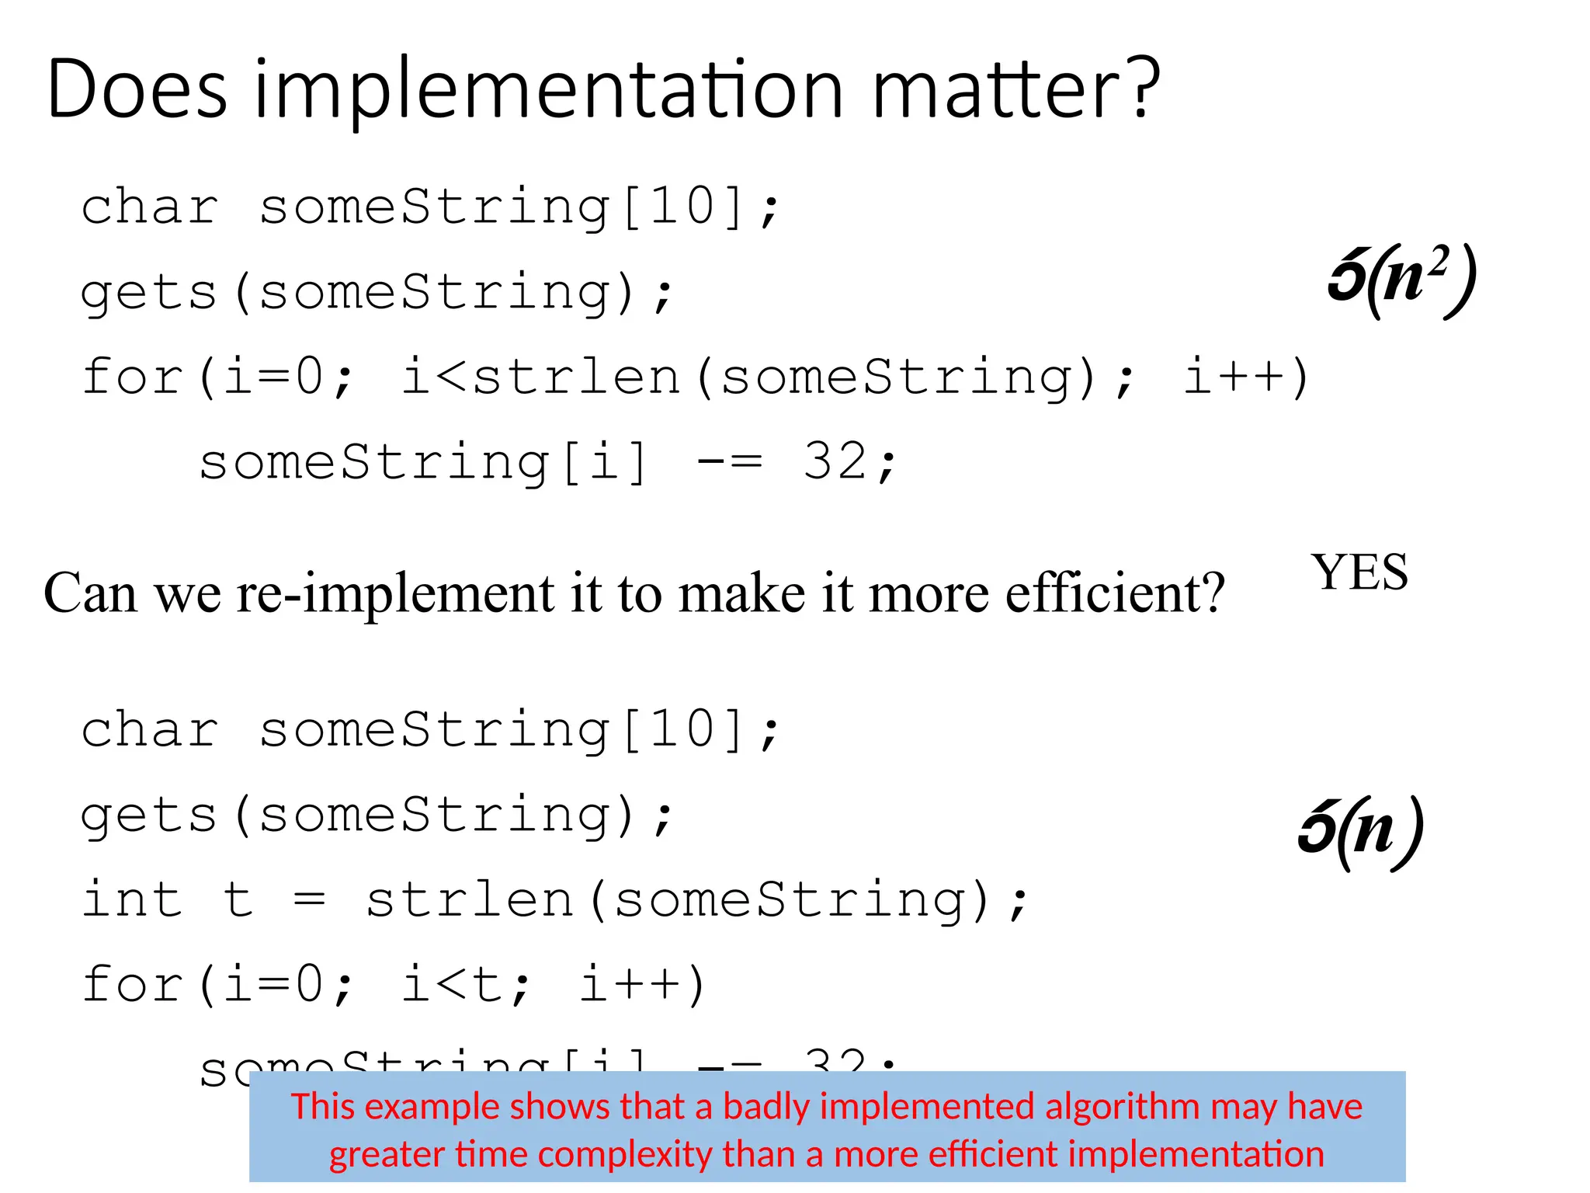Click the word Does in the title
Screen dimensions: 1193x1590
point(137,89)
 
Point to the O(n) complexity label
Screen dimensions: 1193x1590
point(1360,831)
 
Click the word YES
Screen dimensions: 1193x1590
point(1359,572)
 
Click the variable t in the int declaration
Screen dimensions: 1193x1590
point(238,899)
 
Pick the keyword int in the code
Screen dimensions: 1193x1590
point(132,899)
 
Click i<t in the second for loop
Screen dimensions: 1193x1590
point(464,984)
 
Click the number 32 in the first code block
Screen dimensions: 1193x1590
point(835,461)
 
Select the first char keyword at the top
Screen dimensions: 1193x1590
point(150,208)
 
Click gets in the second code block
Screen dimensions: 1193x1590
point(148,816)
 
